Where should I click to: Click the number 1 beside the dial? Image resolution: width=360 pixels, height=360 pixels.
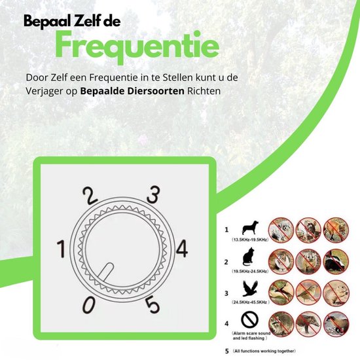(62, 249)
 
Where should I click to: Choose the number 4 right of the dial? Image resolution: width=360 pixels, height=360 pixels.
(183, 249)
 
